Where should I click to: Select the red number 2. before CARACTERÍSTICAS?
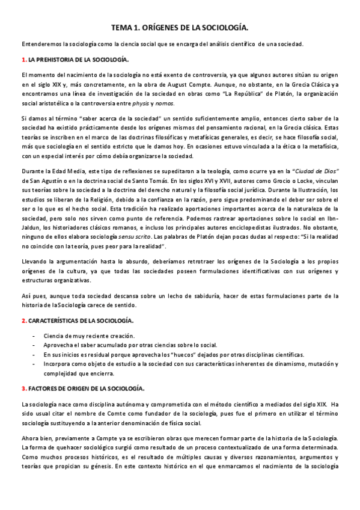23,321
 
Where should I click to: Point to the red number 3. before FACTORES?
23,389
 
